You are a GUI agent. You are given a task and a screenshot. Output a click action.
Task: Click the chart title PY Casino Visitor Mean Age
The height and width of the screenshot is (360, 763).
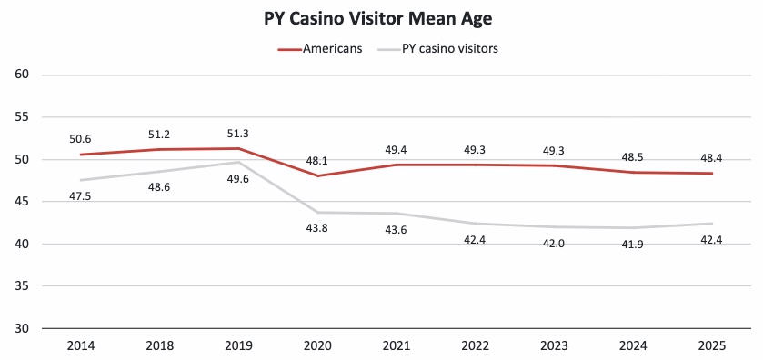click(380, 18)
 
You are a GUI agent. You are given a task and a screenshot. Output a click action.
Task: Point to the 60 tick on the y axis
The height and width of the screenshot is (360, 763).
click(24, 75)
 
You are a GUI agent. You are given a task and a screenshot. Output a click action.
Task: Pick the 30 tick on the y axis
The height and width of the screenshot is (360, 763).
click(24, 328)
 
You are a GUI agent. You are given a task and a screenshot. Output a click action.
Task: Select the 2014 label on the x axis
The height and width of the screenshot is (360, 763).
click(80, 346)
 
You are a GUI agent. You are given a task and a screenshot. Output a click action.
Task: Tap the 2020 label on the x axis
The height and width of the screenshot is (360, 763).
click(316, 346)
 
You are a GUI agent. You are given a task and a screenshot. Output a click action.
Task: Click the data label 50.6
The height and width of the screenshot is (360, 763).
click(80, 139)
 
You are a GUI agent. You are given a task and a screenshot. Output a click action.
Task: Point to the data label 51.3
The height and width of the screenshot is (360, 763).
click(237, 134)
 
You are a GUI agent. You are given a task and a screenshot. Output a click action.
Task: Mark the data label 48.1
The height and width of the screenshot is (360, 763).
click(316, 161)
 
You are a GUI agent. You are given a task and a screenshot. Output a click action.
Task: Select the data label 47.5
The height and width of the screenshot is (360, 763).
click(80, 196)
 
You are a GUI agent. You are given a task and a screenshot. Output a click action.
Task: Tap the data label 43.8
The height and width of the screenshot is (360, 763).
click(316, 228)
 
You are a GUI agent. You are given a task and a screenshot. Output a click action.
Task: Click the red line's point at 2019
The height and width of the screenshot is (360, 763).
click(237, 148)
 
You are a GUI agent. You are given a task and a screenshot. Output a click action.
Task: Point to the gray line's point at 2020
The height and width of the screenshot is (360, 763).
click(316, 212)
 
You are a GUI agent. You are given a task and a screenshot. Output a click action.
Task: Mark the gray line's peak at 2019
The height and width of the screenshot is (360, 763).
click(237, 163)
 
